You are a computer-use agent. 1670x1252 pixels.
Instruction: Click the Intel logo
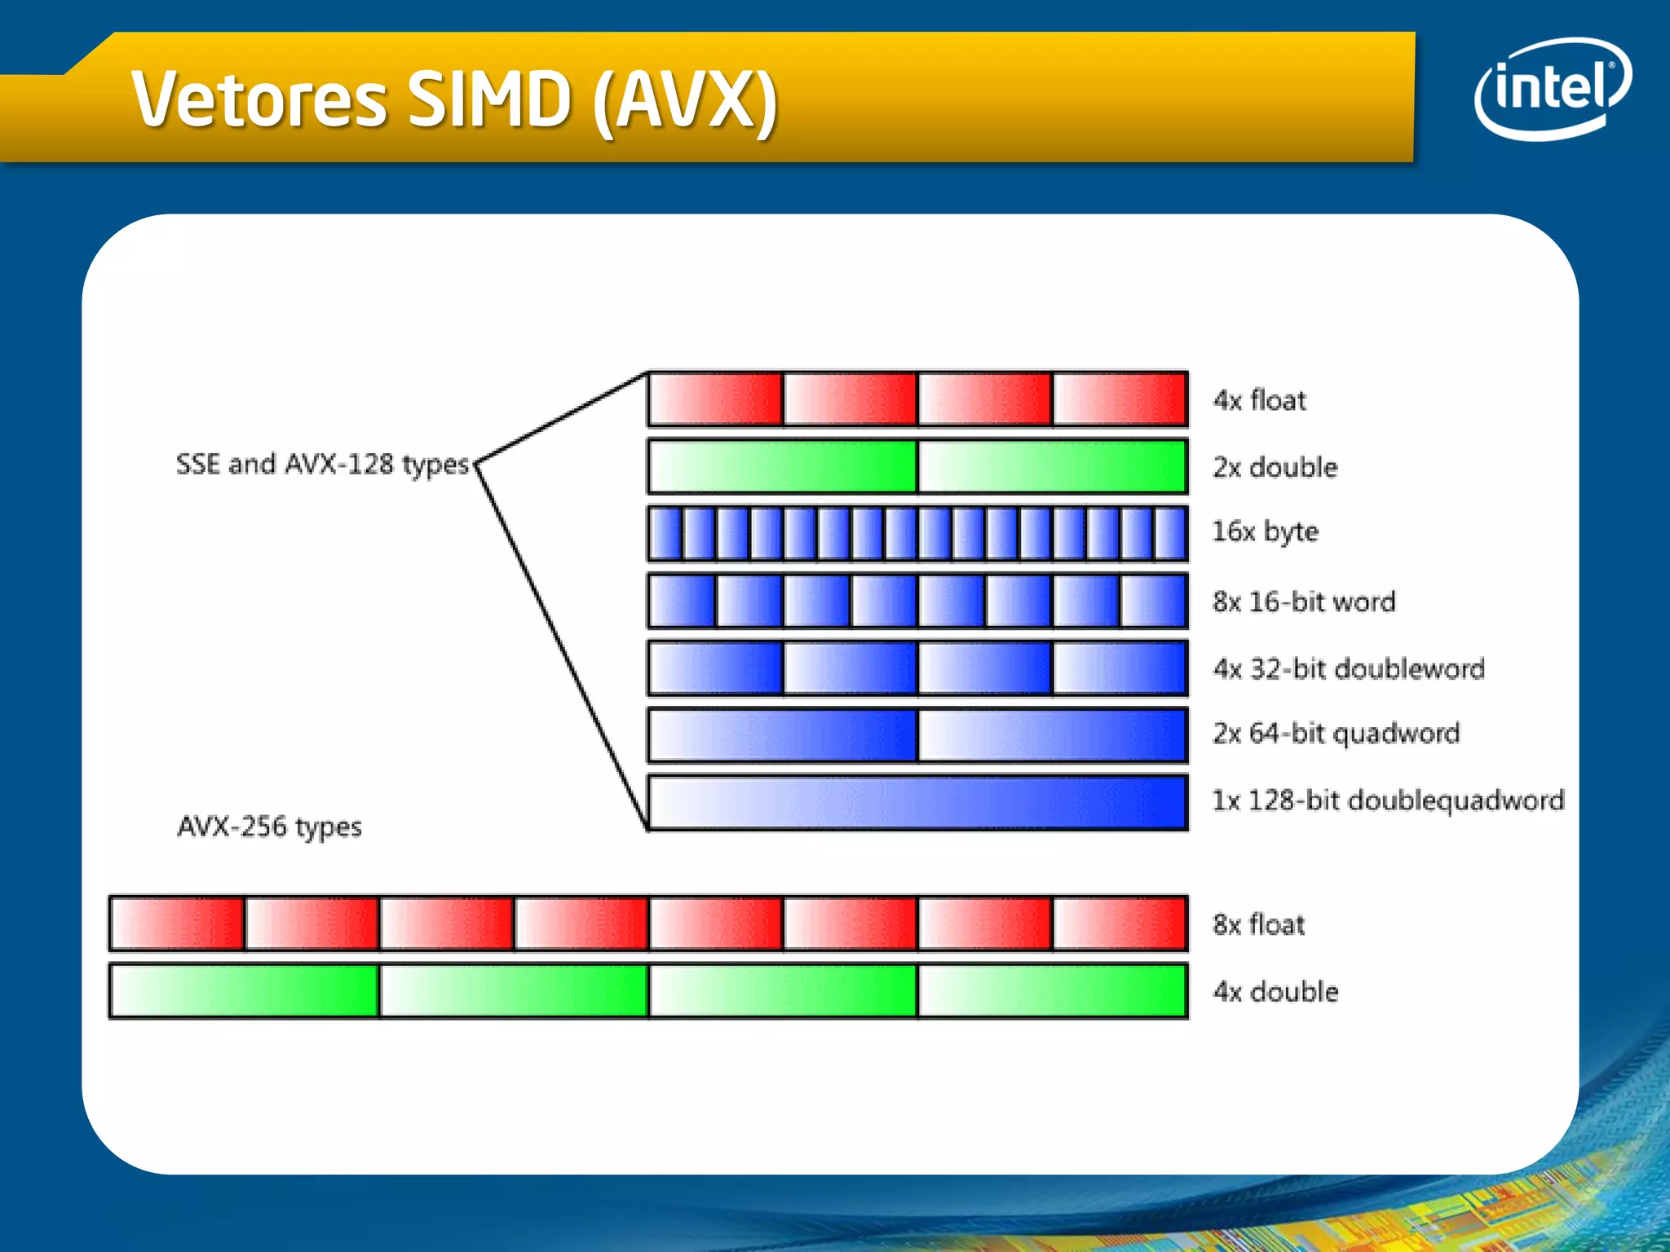1552,88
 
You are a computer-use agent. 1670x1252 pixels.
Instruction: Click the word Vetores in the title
259,99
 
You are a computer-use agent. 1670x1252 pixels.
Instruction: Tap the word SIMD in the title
489,99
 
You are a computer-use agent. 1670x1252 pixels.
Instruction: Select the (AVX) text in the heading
685,101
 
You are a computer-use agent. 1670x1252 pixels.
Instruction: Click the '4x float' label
1259,400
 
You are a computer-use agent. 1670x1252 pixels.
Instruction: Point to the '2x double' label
1275,467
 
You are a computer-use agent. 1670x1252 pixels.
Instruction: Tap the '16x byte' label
1265,531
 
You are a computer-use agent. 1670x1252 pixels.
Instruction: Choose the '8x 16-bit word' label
1303,602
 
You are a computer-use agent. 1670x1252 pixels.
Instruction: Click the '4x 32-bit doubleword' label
1348,668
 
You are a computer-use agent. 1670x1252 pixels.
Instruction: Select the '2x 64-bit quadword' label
1336,733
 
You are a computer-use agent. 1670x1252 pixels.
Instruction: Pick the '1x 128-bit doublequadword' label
1388,800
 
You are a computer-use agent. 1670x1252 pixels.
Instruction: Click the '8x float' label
1258,924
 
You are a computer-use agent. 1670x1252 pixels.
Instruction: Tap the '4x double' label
1275,991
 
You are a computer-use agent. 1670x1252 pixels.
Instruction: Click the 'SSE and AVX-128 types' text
323,465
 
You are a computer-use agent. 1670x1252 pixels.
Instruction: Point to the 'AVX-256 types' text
269,827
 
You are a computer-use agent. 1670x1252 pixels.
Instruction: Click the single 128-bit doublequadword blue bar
917,802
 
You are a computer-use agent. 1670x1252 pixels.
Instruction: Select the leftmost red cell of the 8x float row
177,924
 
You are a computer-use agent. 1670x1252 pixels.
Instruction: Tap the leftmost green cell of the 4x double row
244,990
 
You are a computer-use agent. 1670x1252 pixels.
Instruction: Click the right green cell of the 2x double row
1052,466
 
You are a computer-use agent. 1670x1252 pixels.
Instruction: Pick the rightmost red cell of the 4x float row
1120,399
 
